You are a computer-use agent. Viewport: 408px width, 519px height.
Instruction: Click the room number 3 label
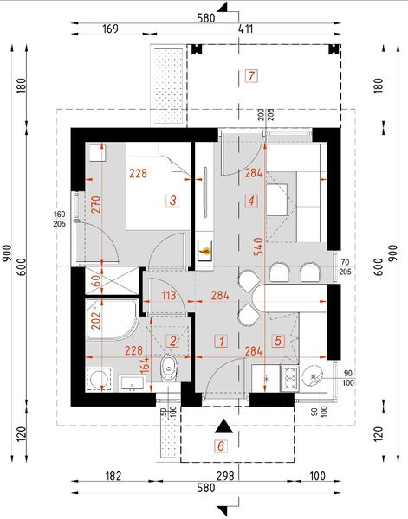click(x=173, y=201)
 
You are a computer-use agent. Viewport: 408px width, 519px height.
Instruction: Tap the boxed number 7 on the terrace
click(x=251, y=75)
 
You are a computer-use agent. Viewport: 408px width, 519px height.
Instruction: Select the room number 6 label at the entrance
click(x=221, y=446)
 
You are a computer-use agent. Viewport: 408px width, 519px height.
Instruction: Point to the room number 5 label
click(x=278, y=341)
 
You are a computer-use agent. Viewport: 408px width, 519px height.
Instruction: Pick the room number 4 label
click(x=252, y=201)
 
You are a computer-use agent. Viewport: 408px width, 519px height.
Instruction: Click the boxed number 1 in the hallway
click(x=222, y=341)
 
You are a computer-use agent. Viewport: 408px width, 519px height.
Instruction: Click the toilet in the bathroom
click(x=170, y=368)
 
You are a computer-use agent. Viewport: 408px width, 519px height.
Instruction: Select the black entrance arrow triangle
click(x=223, y=426)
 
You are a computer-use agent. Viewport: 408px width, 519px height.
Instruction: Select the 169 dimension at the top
click(x=110, y=29)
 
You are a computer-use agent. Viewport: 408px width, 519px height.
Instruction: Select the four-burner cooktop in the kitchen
click(x=287, y=377)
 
